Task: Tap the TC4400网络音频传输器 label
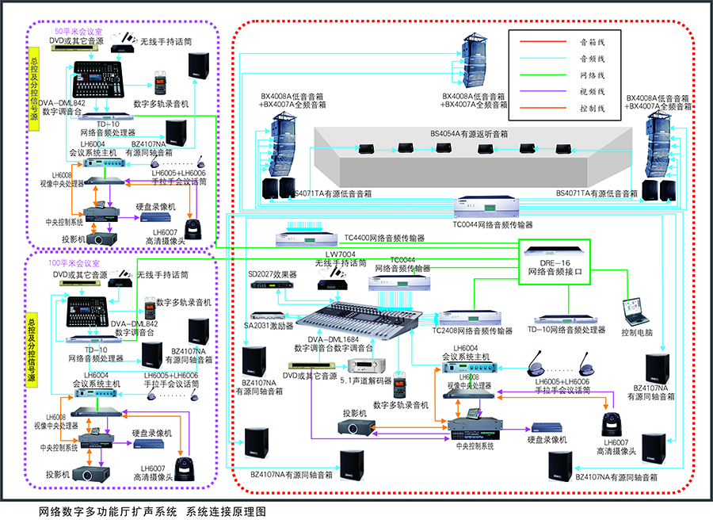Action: pyautogui.click(x=383, y=238)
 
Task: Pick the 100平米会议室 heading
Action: pyautogui.click(x=74, y=262)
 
